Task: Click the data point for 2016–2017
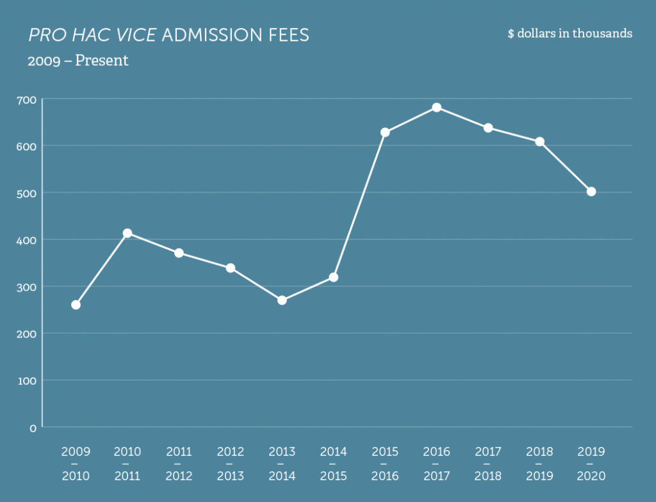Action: tap(436, 107)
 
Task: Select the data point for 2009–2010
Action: tap(76, 305)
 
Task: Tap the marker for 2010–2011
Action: tap(127, 233)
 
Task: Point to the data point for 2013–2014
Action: tap(282, 300)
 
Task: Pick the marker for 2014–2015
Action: tap(333, 277)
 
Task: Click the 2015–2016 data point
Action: tap(385, 132)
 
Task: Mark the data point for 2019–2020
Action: tap(591, 191)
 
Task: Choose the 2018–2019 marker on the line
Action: tap(539, 142)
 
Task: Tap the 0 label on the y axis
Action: tap(33, 428)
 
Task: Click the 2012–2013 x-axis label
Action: tap(230, 464)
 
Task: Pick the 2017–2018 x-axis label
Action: tap(488, 464)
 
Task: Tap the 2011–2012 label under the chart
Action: tap(179, 464)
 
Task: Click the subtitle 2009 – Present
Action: tap(78, 61)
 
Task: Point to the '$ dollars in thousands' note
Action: tap(570, 33)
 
